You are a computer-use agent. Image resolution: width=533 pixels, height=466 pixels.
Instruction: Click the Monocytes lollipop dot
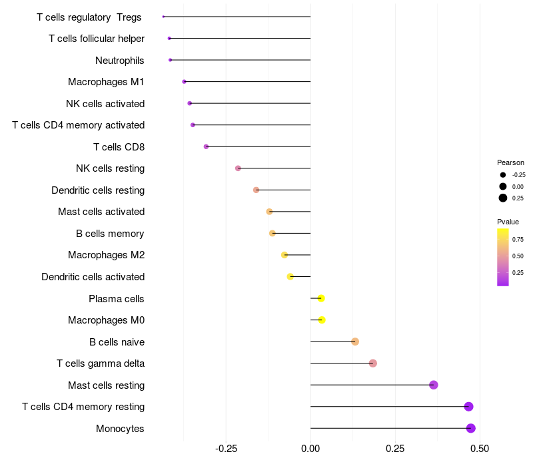pos(471,428)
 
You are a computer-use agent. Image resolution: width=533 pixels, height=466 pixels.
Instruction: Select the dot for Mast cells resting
pos(434,385)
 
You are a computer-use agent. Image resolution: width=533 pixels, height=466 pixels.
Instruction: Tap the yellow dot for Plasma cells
pos(321,298)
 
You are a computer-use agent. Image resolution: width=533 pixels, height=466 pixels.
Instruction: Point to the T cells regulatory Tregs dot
pos(163,17)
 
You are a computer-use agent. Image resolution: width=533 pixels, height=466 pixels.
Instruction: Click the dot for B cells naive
pos(355,342)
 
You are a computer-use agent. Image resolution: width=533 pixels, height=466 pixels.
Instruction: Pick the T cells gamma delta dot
pos(373,363)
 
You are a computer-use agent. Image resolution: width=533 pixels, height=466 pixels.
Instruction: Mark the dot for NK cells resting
pos(238,168)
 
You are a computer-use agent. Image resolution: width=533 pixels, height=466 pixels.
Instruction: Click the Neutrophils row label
pos(120,61)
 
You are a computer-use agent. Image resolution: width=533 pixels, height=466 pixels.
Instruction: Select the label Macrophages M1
pos(106,82)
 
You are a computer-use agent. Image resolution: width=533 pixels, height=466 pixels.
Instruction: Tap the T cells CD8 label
pos(119,146)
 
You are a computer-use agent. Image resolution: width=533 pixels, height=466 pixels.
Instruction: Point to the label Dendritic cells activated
pos(93,277)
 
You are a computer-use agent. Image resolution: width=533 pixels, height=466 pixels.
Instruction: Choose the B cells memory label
pos(110,234)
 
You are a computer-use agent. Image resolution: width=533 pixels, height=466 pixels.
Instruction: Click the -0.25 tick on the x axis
pos(227,449)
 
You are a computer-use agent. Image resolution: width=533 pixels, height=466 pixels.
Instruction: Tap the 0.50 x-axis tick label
pos(479,449)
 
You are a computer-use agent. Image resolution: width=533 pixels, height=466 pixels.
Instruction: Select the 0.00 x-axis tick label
pos(310,449)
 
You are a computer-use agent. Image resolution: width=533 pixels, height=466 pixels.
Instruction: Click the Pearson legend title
pos(510,162)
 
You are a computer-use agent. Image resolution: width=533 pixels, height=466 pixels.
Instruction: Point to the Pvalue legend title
pos(508,222)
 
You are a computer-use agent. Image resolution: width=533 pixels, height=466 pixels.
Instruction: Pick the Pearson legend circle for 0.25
pos(503,198)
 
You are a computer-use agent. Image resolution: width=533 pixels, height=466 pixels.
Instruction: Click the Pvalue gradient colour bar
pos(503,257)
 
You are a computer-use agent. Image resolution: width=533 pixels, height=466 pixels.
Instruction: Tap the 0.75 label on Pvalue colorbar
pos(518,239)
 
